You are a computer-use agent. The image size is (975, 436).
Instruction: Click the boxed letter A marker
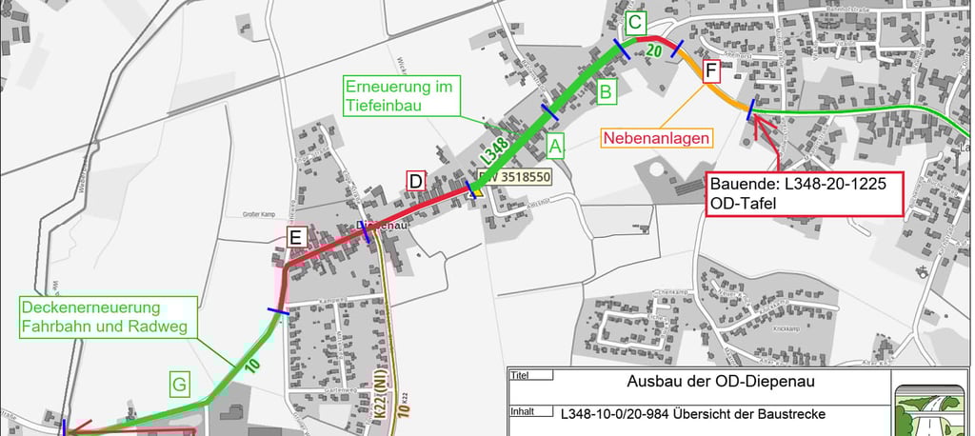[556, 147]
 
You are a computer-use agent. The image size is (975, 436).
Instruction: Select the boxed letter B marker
[605, 92]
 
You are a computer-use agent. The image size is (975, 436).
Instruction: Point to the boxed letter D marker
[415, 180]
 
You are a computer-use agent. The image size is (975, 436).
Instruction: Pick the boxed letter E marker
[295, 238]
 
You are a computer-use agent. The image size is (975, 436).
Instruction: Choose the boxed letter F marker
[710, 70]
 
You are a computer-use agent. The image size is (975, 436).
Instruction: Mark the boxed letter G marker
[180, 385]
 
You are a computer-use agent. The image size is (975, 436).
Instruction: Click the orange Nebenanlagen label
[657, 138]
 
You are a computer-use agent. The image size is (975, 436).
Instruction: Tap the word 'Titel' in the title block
[521, 375]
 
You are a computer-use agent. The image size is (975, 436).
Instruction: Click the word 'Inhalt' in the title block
[523, 412]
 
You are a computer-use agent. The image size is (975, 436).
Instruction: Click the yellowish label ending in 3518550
[515, 176]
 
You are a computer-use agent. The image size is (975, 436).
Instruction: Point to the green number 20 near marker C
[654, 50]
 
